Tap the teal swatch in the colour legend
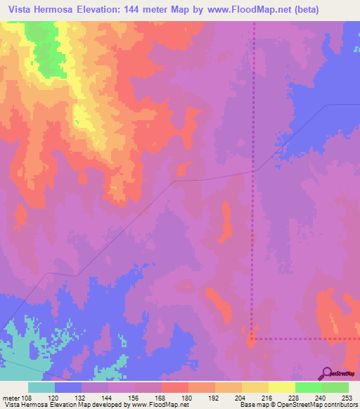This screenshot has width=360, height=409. tap(41, 387)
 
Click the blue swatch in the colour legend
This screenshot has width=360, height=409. tap(68, 387)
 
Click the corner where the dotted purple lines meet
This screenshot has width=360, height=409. tap(253, 338)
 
